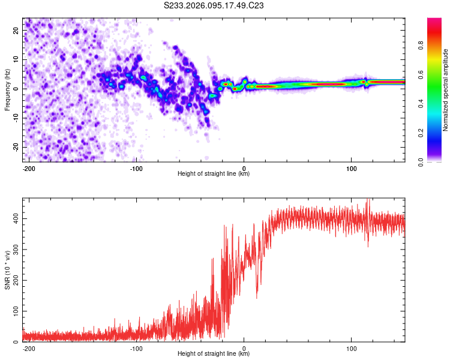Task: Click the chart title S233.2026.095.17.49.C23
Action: (214, 6)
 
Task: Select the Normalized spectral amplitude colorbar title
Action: (445, 89)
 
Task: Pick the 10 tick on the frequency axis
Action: (17, 60)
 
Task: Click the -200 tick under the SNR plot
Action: (28, 348)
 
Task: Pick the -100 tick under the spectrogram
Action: (136, 168)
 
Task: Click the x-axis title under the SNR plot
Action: (214, 354)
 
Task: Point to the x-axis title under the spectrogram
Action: (214, 174)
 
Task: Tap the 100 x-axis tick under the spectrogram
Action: (352, 168)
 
